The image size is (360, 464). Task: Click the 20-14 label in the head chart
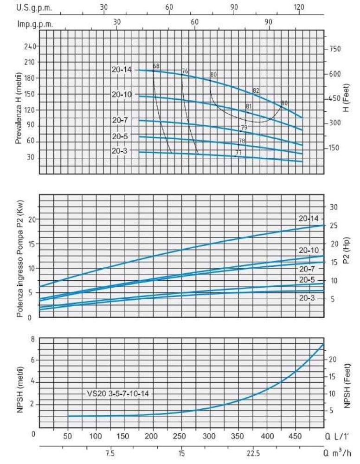(122, 70)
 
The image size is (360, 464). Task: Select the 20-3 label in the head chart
(122, 151)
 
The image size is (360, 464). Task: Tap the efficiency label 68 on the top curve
(156, 65)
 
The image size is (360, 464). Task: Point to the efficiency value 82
(256, 90)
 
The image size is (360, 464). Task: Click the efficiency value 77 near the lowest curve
(238, 152)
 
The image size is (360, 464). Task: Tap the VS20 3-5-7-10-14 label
(119, 393)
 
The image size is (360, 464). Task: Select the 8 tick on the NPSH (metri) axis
(33, 339)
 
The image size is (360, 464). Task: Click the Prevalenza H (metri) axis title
(18, 96)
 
